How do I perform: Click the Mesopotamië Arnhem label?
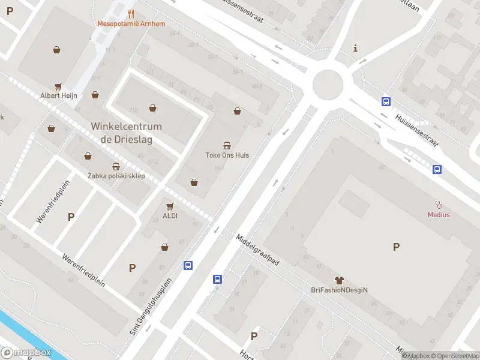click(x=131, y=24)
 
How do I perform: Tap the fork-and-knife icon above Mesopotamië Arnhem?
click(x=131, y=14)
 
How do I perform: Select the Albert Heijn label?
click(x=59, y=95)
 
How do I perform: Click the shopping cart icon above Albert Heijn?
click(x=59, y=86)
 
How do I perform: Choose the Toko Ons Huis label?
click(x=227, y=155)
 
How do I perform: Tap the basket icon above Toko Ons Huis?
click(x=227, y=145)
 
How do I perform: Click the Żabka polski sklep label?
click(x=116, y=176)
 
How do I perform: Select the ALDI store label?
click(x=170, y=215)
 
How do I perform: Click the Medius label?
click(x=439, y=214)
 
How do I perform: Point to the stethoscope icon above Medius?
click(x=439, y=205)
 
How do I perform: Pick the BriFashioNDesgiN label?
click(x=339, y=290)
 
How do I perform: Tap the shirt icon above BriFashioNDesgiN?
click(x=339, y=280)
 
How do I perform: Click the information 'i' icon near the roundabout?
click(x=356, y=48)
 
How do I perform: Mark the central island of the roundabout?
click(x=328, y=85)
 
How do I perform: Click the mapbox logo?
click(x=26, y=353)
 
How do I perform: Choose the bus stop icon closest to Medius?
click(x=437, y=170)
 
